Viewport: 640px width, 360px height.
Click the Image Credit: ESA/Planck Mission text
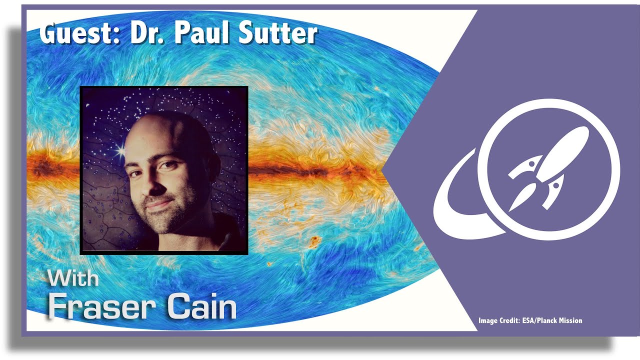(x=530, y=320)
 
